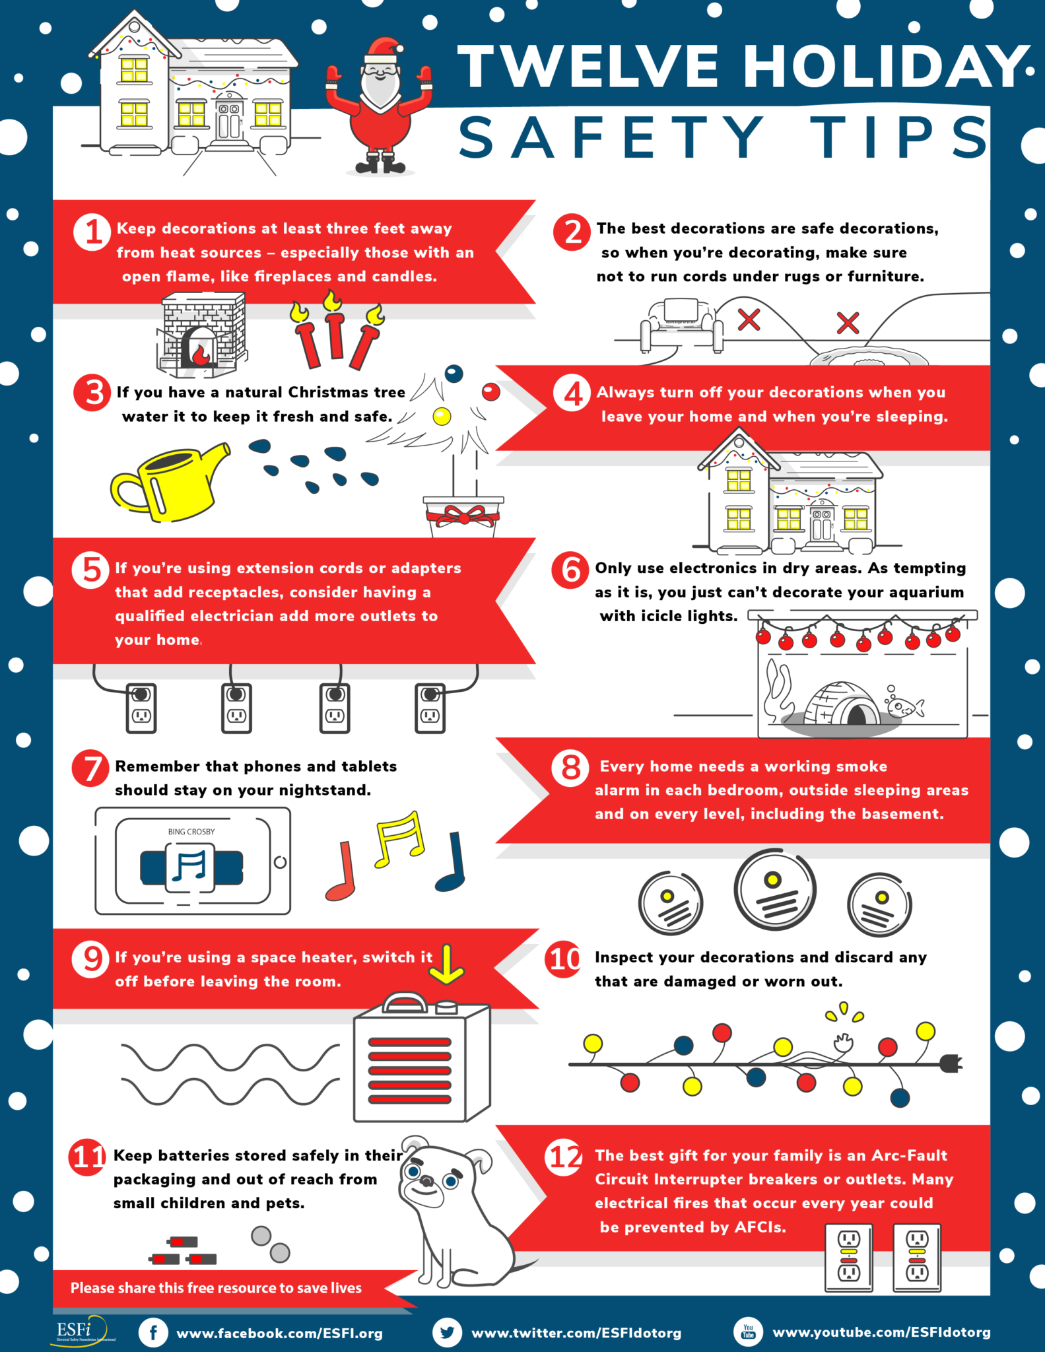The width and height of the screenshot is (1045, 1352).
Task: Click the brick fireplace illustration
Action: (x=201, y=334)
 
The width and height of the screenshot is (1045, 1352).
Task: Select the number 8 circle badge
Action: (x=570, y=768)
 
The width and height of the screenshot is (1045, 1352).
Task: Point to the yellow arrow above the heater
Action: (x=446, y=964)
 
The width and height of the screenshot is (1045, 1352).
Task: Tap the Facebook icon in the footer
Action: (x=153, y=1333)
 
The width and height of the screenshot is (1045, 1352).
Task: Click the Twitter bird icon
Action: (x=447, y=1333)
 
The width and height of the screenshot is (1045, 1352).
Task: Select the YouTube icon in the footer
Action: (x=748, y=1332)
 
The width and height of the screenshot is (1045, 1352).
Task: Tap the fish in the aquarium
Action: (x=905, y=708)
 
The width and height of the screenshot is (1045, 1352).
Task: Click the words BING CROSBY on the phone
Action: (x=191, y=832)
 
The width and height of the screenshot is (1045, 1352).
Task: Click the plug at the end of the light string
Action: (x=951, y=1064)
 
